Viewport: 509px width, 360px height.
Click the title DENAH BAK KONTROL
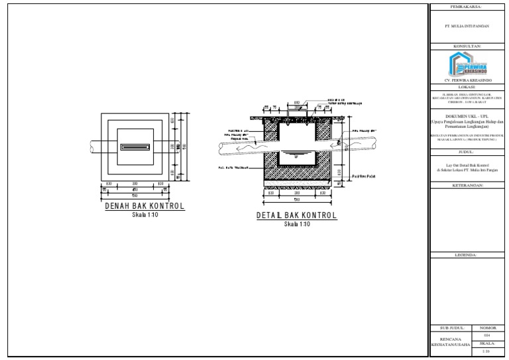click(x=144, y=207)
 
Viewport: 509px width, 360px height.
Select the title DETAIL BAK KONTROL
click(x=296, y=216)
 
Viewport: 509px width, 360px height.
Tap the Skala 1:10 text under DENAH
click(x=144, y=215)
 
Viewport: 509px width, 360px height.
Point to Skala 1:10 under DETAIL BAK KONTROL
click(x=296, y=224)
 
